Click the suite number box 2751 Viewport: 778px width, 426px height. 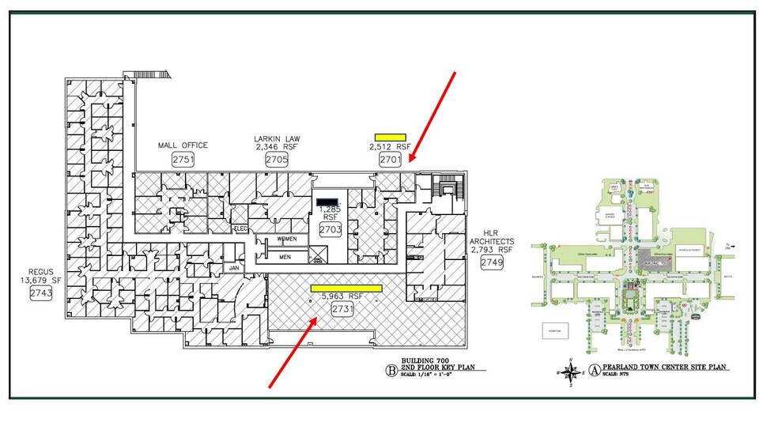point(183,159)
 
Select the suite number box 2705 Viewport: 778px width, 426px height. point(277,159)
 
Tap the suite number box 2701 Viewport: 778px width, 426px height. point(390,159)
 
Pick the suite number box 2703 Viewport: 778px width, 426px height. point(330,229)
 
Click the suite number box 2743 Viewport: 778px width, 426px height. point(40,293)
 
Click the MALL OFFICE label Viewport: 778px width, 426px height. point(182,145)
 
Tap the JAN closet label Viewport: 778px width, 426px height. point(234,268)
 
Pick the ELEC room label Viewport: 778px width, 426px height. point(241,228)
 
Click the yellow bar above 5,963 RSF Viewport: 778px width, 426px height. point(346,288)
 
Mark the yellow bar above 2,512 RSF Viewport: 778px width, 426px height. point(390,137)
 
